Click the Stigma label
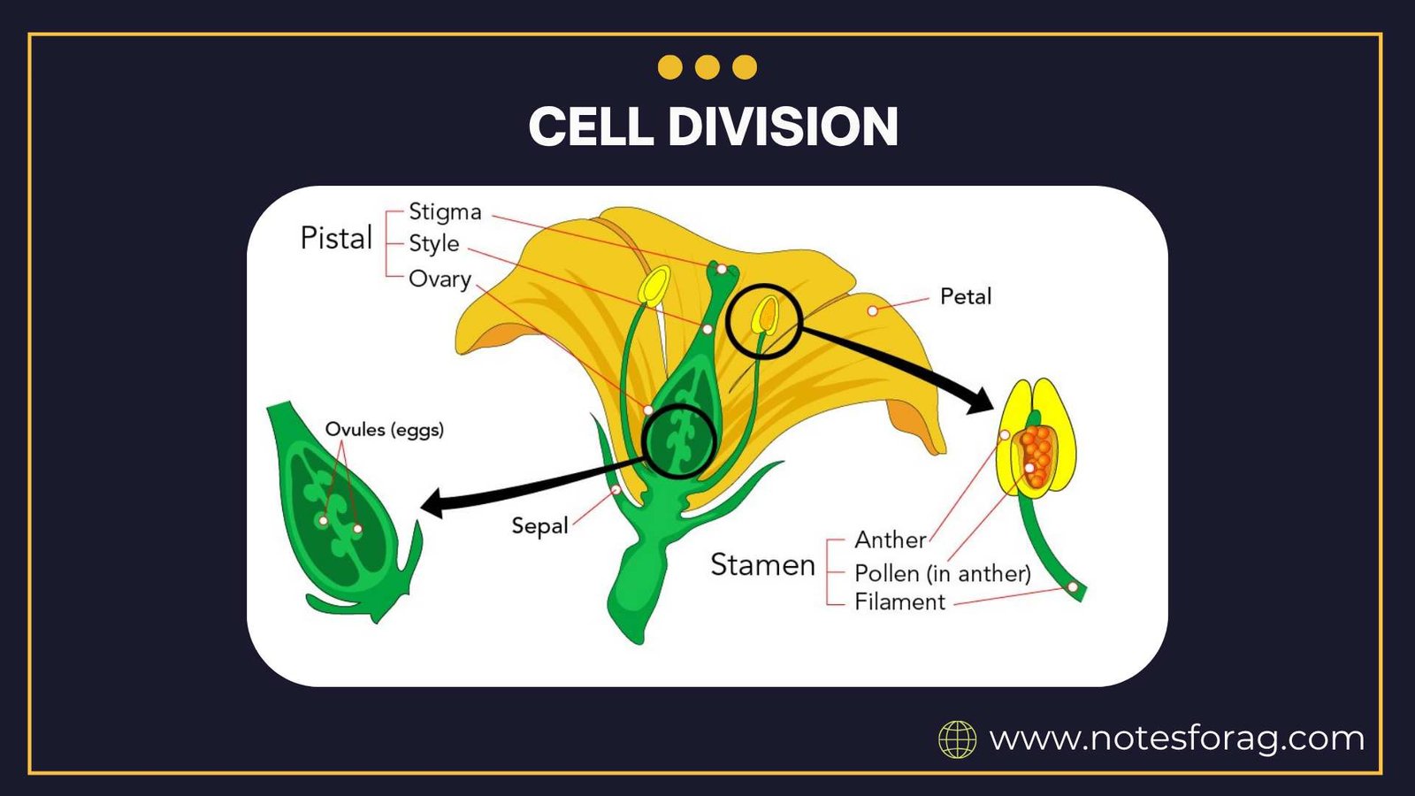[445, 212]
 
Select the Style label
[433, 243]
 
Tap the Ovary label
[440, 279]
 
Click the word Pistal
[336, 238]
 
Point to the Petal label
[965, 296]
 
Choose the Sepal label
[539, 525]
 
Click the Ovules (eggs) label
[384, 430]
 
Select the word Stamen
[762, 564]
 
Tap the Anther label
[890, 540]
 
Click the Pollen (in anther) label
[942, 573]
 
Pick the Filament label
[899, 602]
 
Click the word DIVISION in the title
[783, 126]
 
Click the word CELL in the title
[591, 126]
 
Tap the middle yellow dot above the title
[707, 67]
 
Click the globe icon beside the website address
[957, 739]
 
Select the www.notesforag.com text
[1176, 738]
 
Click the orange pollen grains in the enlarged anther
[1037, 455]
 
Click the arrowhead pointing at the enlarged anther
[982, 401]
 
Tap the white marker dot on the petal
[873, 310]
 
